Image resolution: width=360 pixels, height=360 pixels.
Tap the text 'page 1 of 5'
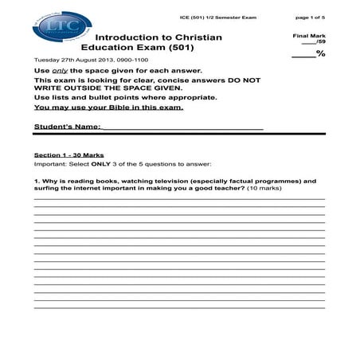click(311, 17)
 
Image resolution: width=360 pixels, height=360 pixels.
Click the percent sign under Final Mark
click(321, 54)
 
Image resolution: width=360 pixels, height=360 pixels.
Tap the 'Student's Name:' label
click(68, 127)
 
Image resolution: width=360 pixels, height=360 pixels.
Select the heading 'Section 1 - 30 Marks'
click(68, 155)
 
